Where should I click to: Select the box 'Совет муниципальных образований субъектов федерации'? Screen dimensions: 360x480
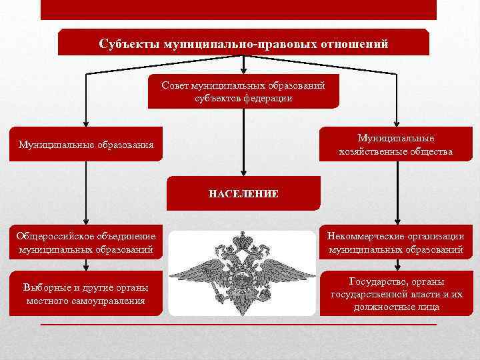pos(244,91)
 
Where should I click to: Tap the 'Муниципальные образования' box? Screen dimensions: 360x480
pos(85,144)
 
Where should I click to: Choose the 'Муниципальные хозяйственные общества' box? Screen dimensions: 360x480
pos(396,145)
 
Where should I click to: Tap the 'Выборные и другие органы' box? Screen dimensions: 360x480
pos(85,294)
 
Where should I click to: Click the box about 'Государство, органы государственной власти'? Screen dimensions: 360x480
pos(396,294)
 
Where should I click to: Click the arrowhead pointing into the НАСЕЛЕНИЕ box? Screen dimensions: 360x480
pos(244,171)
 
